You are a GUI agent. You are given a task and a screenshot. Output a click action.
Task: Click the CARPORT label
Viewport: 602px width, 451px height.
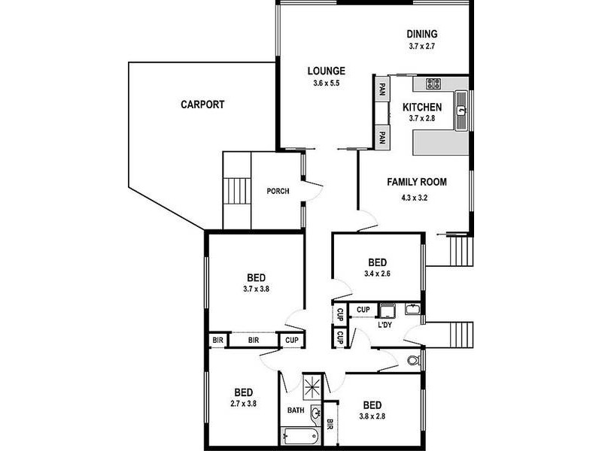[x=202, y=105]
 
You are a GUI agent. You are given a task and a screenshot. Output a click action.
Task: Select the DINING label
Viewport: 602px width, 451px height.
[x=422, y=34]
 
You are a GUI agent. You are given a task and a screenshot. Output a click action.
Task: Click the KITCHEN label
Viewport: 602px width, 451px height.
[x=421, y=107]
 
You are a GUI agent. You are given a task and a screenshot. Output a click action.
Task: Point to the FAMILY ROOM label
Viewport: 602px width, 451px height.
[x=417, y=182]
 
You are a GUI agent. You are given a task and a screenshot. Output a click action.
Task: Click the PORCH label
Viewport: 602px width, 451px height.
[x=278, y=191]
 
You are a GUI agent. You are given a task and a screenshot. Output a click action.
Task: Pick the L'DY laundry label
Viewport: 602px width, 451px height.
[x=385, y=325]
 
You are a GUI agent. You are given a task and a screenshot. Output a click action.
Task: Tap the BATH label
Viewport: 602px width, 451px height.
[x=296, y=410]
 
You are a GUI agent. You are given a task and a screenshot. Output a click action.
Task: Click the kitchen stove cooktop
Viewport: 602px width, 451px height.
[x=432, y=84]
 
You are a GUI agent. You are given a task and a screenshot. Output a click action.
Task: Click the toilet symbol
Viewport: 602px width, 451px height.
[x=413, y=361]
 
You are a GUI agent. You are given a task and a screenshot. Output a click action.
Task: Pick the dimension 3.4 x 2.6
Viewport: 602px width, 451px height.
[x=377, y=274]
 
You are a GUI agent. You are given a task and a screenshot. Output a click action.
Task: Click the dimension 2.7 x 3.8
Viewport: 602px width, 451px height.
[x=243, y=404]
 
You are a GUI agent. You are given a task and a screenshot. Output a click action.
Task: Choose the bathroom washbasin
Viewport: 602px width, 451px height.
[x=315, y=413]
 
